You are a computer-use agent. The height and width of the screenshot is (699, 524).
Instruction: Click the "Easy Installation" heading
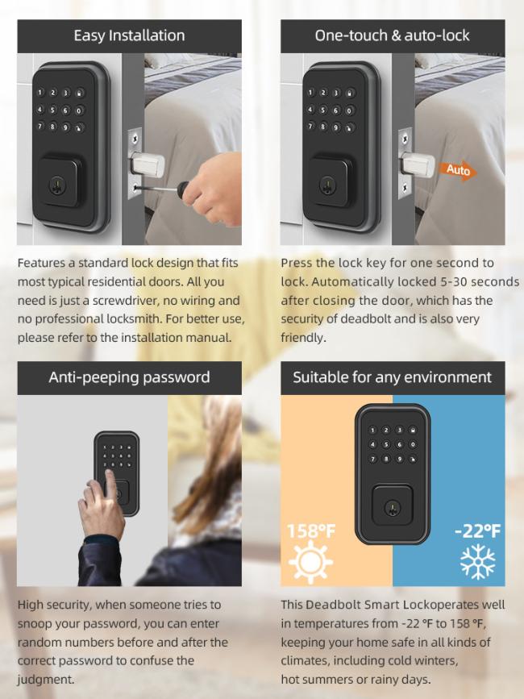(x=129, y=35)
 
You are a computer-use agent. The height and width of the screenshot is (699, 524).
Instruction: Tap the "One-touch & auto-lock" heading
(x=392, y=35)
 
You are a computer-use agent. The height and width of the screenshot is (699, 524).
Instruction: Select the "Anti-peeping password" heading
(x=129, y=377)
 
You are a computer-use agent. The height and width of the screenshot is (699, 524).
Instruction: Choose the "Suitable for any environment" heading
(x=392, y=377)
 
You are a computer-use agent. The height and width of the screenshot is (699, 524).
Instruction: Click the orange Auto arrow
(x=458, y=170)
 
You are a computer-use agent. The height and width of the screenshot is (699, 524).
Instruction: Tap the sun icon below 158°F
(x=310, y=562)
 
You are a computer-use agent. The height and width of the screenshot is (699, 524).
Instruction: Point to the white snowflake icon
(x=478, y=562)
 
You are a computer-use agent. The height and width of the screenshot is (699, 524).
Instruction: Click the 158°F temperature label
(x=311, y=531)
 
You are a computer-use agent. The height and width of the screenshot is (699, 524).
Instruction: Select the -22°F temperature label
(x=478, y=531)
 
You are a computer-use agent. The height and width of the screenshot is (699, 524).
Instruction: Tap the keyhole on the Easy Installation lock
(x=57, y=186)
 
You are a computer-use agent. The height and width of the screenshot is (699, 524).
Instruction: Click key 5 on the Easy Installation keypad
(x=52, y=110)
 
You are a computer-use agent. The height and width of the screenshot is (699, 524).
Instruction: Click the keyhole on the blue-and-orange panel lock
(x=392, y=509)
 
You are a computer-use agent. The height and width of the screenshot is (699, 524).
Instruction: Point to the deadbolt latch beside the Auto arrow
(x=417, y=165)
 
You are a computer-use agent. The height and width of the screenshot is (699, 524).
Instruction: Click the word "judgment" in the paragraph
(x=44, y=680)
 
